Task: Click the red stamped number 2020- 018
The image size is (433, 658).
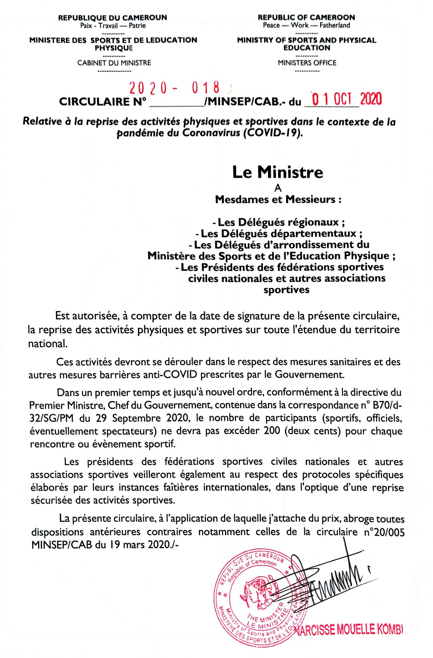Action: (174, 87)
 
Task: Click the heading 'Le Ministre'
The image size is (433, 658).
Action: (278, 172)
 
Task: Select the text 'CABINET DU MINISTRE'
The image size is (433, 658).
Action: (114, 63)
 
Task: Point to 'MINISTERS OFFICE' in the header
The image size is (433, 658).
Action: (307, 63)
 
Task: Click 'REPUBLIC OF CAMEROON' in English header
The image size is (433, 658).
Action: (306, 17)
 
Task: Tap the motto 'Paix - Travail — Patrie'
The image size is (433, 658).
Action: (113, 26)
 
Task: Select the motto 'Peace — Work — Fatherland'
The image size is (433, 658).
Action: (306, 25)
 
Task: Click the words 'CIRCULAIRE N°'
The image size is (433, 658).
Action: (102, 102)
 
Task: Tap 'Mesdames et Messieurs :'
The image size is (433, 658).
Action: (278, 200)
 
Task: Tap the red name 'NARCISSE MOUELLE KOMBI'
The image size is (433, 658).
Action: (349, 629)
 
